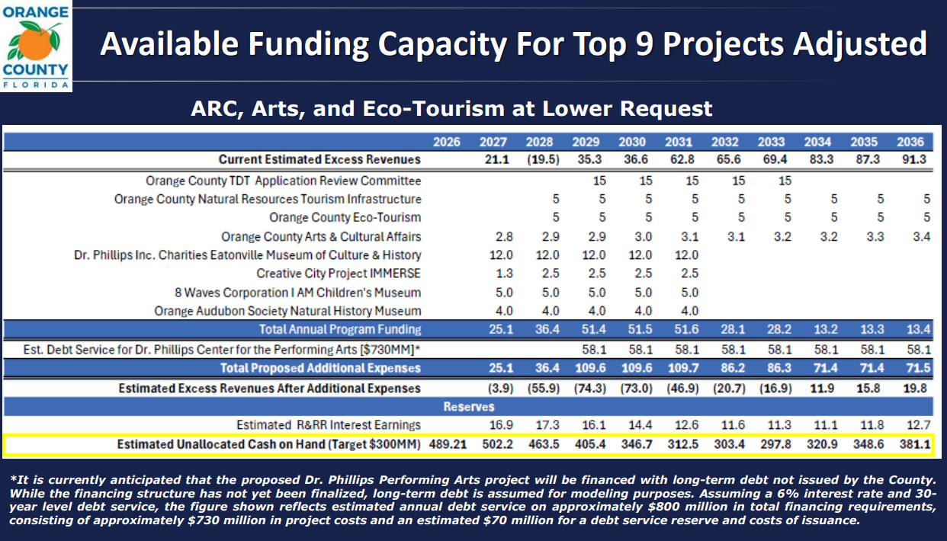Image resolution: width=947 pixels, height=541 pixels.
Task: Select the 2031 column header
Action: pyautogui.click(x=679, y=142)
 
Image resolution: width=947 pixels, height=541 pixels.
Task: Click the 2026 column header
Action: pyautogui.click(x=447, y=142)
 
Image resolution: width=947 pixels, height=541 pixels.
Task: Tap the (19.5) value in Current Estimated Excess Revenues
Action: pyautogui.click(x=543, y=160)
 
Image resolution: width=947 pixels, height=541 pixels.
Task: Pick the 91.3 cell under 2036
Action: pyautogui.click(x=914, y=160)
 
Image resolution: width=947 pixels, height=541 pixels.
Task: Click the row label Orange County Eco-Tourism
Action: pyautogui.click(x=345, y=217)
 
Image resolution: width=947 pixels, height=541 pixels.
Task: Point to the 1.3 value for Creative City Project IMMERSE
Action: pyautogui.click(x=504, y=274)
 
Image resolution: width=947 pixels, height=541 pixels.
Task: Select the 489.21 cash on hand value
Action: pyautogui.click(x=448, y=444)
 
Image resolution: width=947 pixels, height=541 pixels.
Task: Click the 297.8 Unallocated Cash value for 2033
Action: pyautogui.click(x=775, y=444)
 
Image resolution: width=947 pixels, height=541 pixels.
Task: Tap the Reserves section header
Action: pyautogui.click(x=469, y=407)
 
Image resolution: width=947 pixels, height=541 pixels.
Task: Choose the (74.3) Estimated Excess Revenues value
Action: pyautogui.click(x=589, y=389)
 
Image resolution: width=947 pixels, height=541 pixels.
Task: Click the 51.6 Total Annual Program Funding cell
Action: pyautogui.click(x=686, y=329)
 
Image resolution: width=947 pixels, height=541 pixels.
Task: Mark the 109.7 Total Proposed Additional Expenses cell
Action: pyautogui.click(x=683, y=368)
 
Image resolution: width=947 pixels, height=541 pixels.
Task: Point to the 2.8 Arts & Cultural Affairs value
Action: pyautogui.click(x=504, y=236)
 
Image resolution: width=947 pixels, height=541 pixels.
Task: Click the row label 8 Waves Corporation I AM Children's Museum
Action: pyautogui.click(x=297, y=293)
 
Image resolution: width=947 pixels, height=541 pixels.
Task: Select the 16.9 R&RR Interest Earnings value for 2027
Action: pyautogui.click(x=502, y=425)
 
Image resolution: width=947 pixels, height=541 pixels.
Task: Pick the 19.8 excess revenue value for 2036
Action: pyautogui.click(x=915, y=389)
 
